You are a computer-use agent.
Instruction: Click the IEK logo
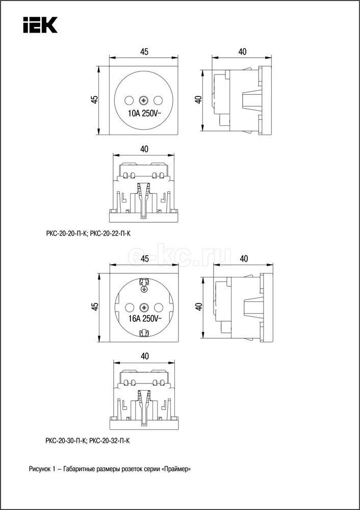pyautogui.click(x=39, y=24)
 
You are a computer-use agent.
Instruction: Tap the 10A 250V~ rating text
pyautogui.click(x=144, y=114)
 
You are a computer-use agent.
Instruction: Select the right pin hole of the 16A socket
pyautogui.click(x=159, y=307)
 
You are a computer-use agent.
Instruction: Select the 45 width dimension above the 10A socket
pyautogui.click(x=144, y=52)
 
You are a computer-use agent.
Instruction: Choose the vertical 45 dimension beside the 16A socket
pyautogui.click(x=94, y=307)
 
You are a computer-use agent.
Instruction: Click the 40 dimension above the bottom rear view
pyautogui.click(x=144, y=355)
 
